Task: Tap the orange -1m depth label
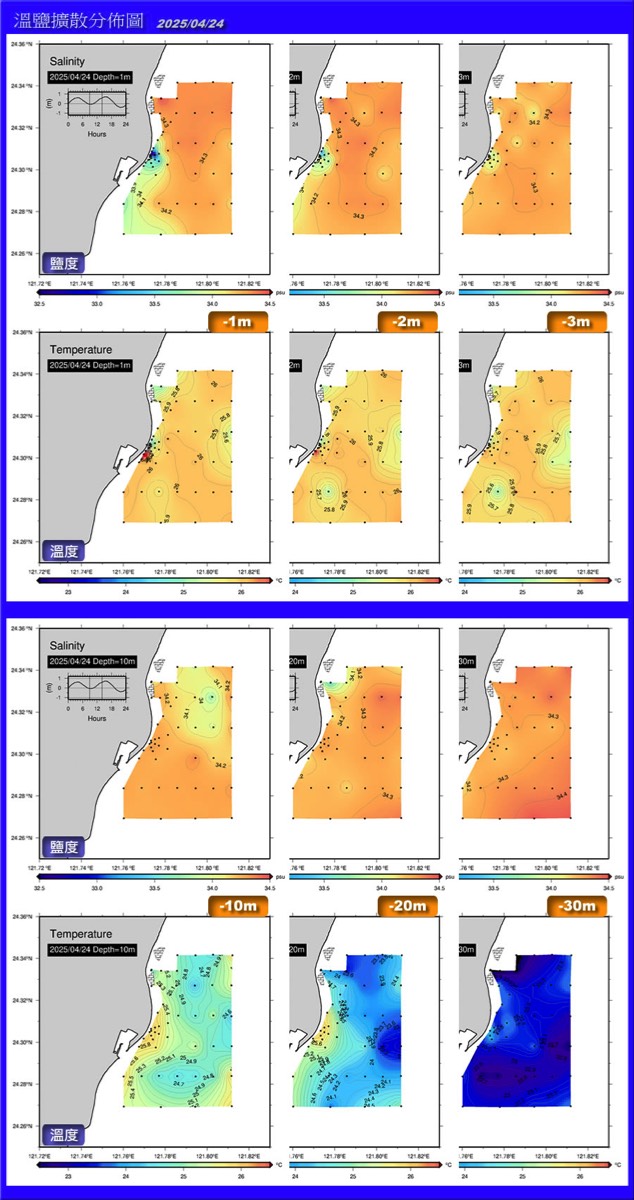click(x=237, y=321)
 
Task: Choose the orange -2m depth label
click(x=408, y=321)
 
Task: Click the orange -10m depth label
click(x=237, y=907)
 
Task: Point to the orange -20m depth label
click(x=408, y=907)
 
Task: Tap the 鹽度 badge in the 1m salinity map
click(x=65, y=264)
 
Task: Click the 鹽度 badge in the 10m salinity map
click(x=65, y=850)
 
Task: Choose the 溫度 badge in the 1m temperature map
click(x=65, y=550)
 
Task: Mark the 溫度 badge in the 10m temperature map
click(x=65, y=1136)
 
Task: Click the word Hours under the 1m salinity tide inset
click(x=97, y=133)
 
